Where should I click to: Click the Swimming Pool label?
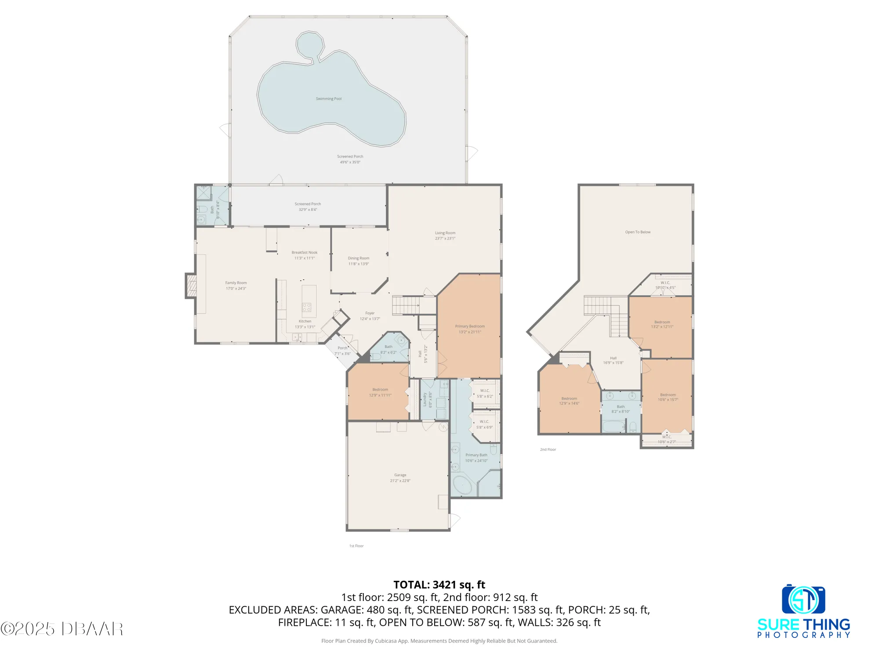[328, 99]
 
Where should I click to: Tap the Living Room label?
[445, 233]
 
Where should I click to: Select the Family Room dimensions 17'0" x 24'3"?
[236, 289]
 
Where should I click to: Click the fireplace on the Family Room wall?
[191, 286]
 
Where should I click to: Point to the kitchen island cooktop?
[307, 307]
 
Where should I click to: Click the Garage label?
[400, 475]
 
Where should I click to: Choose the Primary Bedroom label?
[470, 326]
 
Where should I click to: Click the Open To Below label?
[638, 232]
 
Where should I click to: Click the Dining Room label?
[359, 258]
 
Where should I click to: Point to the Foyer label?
[370, 313]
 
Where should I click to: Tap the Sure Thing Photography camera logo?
[803, 599]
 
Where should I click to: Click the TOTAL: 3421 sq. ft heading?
[439, 585]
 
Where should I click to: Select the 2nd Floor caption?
[548, 449]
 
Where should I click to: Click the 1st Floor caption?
[356, 546]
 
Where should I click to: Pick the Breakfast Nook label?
[305, 253]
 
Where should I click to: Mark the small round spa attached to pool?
[310, 44]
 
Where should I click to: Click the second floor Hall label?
[613, 358]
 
